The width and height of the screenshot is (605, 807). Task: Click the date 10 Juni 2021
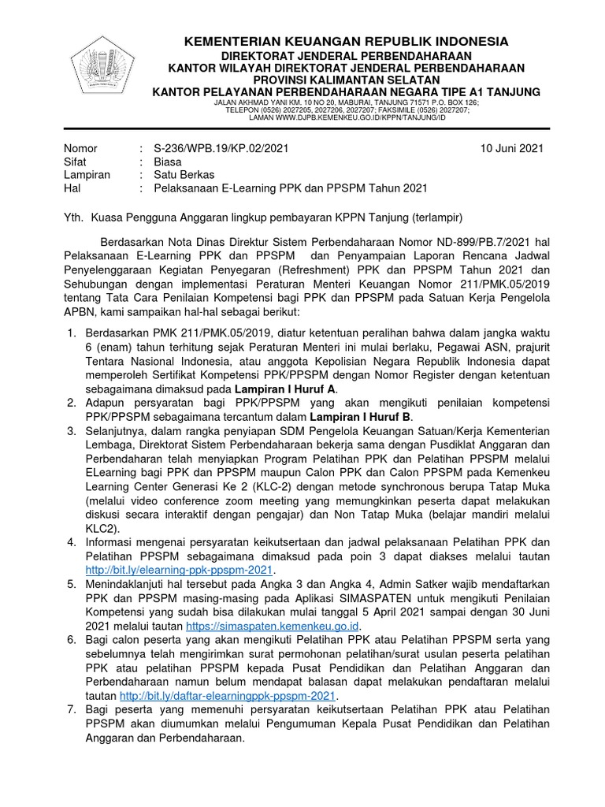(511, 148)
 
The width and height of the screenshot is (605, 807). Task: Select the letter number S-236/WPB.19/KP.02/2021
(210, 148)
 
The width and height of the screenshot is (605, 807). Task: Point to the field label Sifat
(76, 162)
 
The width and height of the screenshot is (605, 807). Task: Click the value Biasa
(168, 162)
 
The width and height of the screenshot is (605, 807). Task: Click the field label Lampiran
(87, 175)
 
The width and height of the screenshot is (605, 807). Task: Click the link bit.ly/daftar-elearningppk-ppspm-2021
(228, 696)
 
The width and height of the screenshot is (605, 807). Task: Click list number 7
(71, 710)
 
